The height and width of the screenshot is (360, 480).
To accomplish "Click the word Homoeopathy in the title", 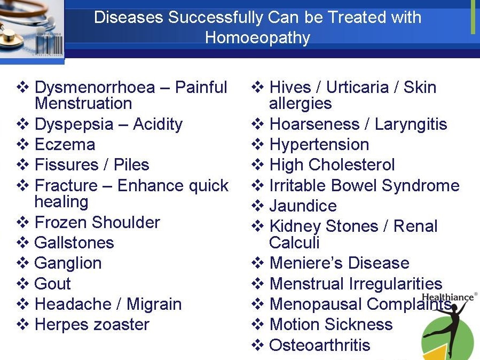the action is point(257,38).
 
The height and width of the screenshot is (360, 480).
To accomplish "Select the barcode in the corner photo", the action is point(49,45).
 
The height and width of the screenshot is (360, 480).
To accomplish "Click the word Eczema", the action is point(65,144).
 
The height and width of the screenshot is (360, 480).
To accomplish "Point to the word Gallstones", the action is point(74,242).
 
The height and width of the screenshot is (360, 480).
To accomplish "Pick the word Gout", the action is point(53,284).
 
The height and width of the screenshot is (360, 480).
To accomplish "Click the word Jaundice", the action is point(303,206).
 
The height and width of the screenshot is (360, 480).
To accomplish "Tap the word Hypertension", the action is point(319,145).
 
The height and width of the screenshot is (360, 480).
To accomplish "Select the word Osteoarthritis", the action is point(320,345).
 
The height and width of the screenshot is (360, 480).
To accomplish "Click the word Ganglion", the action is point(68,263).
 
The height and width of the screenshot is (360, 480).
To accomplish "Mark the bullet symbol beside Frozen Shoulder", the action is point(22,222).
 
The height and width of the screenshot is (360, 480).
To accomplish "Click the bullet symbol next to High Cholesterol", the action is point(257,165).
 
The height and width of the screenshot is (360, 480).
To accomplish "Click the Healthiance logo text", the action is point(448,297).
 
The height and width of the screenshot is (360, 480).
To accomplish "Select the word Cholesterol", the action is point(352,165).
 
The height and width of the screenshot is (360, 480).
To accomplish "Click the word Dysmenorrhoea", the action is point(95,88).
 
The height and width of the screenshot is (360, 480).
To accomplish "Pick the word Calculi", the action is point(294,242).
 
